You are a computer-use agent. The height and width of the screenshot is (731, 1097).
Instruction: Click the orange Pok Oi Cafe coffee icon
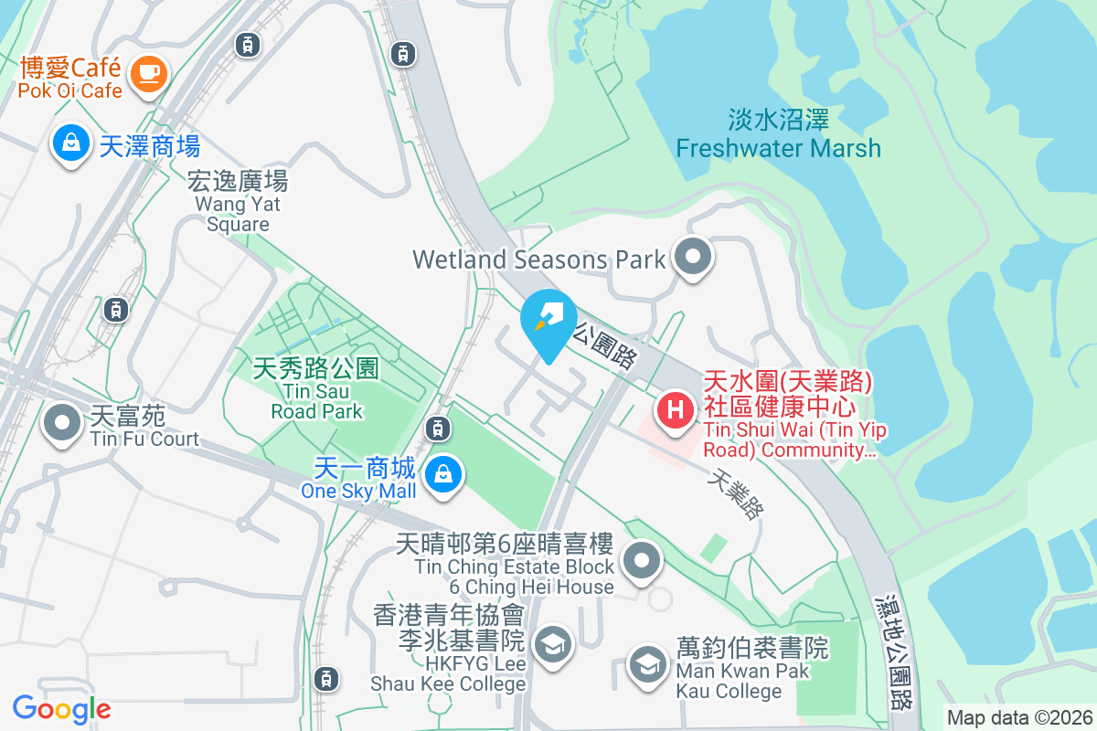[x=147, y=72]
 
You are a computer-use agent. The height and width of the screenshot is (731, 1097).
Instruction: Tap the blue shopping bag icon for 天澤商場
[x=69, y=143]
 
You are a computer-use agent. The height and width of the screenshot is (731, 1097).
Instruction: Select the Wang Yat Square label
[x=238, y=202]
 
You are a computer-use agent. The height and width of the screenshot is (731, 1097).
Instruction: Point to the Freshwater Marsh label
[x=779, y=134]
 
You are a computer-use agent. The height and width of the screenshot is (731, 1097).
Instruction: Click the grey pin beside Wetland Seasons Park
[x=692, y=257]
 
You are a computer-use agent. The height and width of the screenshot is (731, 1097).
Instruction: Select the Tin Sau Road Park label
[x=316, y=389]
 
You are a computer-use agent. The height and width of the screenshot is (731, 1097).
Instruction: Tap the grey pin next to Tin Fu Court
[x=62, y=423]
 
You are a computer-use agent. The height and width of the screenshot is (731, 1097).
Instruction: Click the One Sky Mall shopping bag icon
[x=442, y=473]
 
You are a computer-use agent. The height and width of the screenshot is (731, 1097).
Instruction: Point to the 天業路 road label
[x=737, y=494]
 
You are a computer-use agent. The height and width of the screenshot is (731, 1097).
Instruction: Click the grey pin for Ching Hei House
[x=642, y=560]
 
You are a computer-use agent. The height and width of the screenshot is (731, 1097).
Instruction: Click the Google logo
[x=61, y=708]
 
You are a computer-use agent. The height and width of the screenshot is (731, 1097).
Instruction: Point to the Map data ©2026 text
[x=1019, y=717]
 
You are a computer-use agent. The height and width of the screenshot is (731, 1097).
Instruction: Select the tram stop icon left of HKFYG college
[x=325, y=678]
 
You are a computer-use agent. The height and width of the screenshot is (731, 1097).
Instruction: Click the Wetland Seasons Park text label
[x=539, y=260]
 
